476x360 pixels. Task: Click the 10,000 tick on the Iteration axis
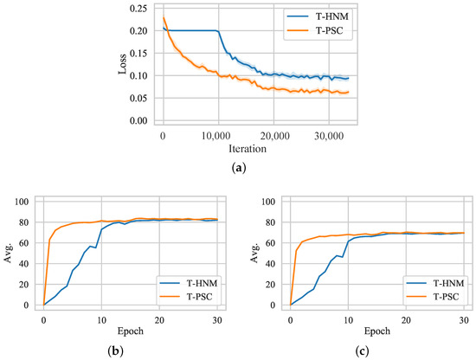(x=217, y=137)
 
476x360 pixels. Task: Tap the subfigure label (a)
(x=238, y=168)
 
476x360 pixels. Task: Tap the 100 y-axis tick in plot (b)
(x=23, y=202)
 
